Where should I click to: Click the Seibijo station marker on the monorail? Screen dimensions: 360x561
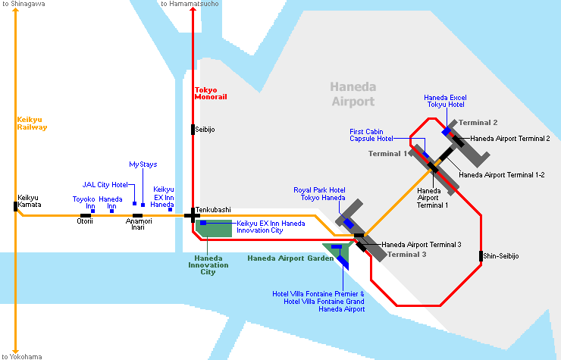click(193, 130)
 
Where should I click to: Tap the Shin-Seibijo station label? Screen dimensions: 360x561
click(501, 256)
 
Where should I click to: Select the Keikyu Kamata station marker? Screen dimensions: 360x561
click(16, 205)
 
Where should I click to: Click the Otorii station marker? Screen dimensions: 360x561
click(85, 215)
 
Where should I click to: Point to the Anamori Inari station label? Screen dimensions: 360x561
click(138, 226)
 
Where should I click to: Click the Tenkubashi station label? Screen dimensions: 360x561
click(213, 209)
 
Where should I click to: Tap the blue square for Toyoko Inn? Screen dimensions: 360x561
click(92, 211)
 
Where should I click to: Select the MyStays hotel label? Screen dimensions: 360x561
click(143, 164)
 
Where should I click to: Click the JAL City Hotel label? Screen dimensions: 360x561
click(105, 184)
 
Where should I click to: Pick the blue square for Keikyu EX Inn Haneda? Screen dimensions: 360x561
click(171, 209)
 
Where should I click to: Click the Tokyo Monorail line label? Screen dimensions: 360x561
click(211, 94)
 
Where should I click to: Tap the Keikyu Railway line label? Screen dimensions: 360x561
click(32, 124)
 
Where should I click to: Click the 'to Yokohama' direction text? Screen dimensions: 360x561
click(22, 355)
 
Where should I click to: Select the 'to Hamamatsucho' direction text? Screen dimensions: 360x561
click(190, 5)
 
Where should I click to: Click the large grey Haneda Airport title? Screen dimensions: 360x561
click(353, 95)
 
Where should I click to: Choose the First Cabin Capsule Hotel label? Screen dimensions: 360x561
click(371, 135)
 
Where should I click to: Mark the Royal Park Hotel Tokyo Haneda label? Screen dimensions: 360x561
click(319, 194)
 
